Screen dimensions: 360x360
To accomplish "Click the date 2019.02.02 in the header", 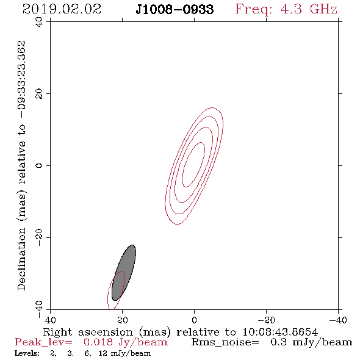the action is tap(62, 9).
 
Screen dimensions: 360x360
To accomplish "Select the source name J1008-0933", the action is tap(175, 10).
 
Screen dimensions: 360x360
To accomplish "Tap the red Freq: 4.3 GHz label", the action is tap(286, 10).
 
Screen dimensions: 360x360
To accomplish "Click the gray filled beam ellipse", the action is tap(124, 273).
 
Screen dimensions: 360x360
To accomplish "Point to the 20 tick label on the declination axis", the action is tap(39, 94).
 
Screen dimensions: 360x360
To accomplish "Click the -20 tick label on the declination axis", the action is tap(39, 237).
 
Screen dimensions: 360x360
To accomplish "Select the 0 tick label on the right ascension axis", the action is tap(194, 320).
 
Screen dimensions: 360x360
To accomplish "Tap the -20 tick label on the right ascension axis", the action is tap(266, 320).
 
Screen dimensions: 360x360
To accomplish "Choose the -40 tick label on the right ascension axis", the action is tap(338, 320).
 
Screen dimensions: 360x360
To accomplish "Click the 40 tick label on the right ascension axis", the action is tap(50, 320).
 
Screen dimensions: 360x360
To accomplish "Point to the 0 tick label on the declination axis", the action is tap(39, 165).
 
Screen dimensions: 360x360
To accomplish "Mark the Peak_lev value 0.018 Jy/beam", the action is tap(125, 342).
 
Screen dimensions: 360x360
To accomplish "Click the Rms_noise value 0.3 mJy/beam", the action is tap(311, 342).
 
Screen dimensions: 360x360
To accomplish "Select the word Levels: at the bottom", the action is tap(27, 353).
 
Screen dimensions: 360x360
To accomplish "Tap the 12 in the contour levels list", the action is tap(103, 353).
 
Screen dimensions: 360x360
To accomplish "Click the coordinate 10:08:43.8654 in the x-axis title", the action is tap(280, 332).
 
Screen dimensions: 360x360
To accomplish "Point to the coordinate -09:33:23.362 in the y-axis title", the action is tap(22, 79).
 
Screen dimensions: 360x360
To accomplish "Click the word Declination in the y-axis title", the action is tap(22, 259).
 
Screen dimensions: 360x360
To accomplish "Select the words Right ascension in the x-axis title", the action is tap(88, 332).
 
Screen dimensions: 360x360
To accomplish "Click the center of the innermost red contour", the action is tap(193, 165).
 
